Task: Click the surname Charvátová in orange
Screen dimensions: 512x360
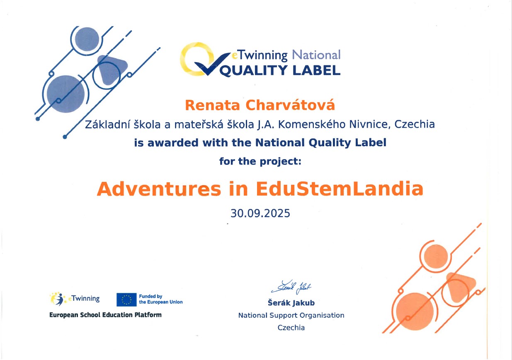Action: coord(290,105)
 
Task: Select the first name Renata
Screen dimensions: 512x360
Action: coord(212,106)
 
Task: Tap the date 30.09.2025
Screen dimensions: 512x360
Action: coord(260,213)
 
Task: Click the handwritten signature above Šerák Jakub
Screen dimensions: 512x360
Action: coord(291,287)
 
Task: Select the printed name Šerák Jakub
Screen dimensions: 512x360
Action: coord(291,303)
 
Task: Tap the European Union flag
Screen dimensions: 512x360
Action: coord(126,300)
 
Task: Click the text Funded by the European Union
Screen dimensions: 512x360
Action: coord(161,299)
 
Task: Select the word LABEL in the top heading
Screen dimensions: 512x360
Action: coord(316,70)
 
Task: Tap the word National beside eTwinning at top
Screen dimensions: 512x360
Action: coord(316,55)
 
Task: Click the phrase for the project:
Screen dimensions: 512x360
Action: coord(260,161)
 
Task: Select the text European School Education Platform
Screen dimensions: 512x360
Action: coord(105,315)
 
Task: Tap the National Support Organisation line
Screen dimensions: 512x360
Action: coord(291,315)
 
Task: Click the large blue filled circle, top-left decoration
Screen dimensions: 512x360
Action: coord(66,94)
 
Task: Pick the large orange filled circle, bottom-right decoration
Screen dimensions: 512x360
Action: coord(415,312)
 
